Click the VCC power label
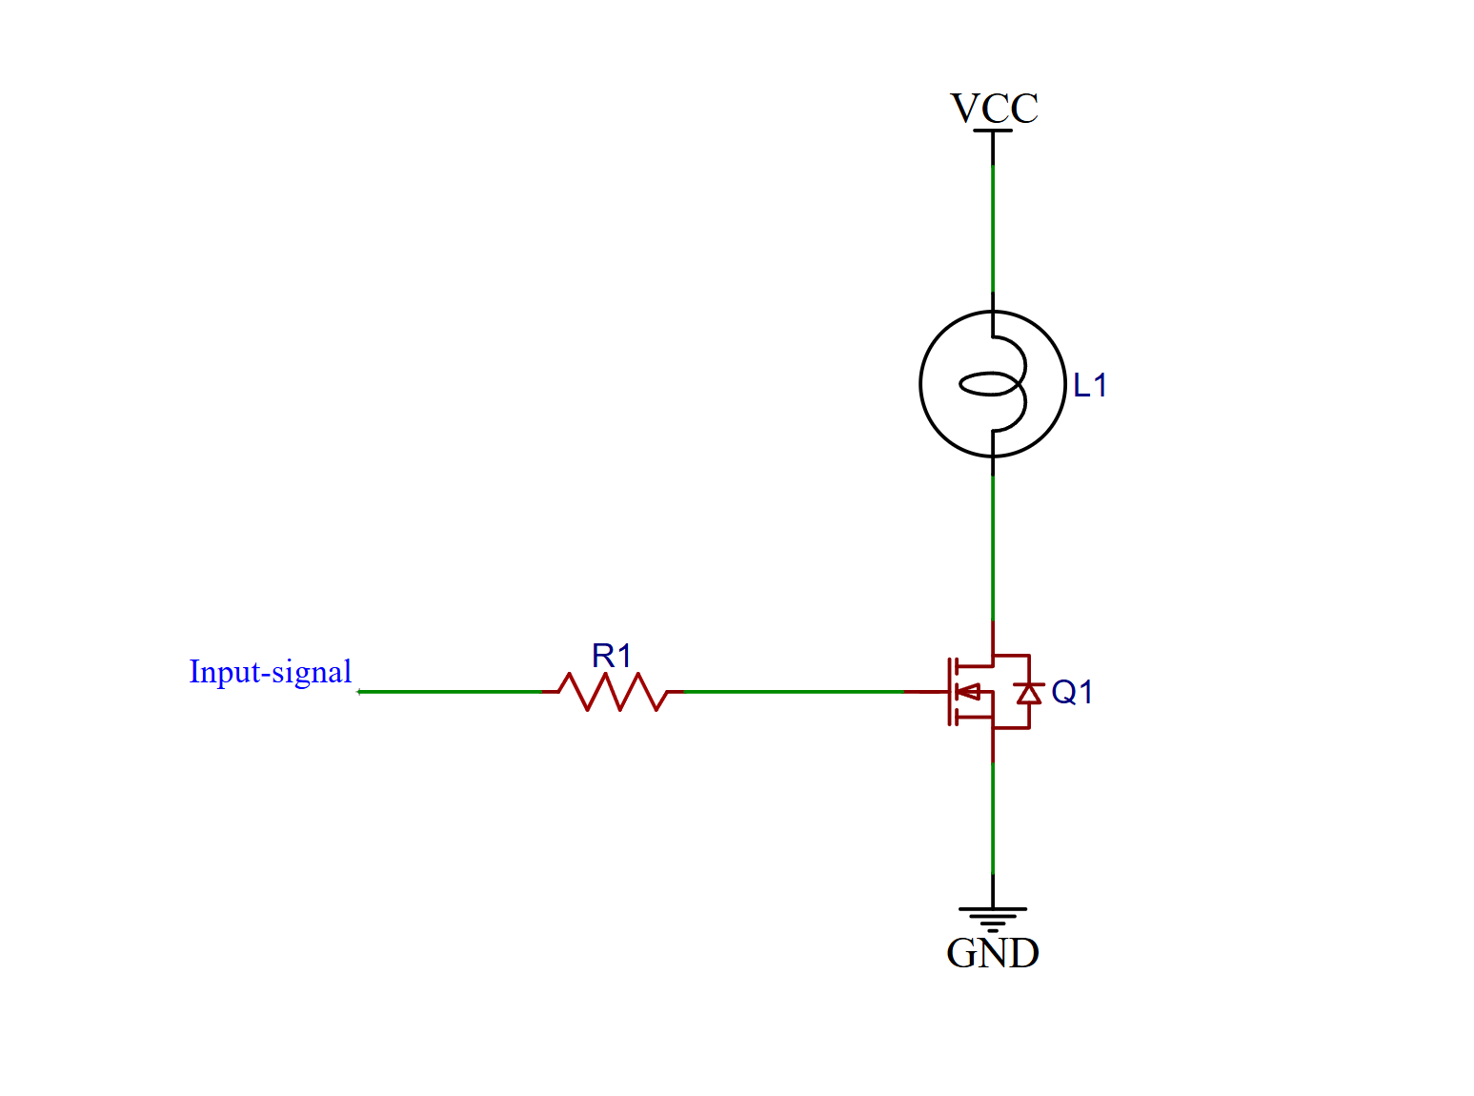(994, 108)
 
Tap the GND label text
(992, 953)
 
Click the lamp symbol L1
(992, 384)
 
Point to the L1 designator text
(1090, 385)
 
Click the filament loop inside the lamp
(991, 385)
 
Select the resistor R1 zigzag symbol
(613, 692)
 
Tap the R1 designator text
(612, 656)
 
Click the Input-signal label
(270, 672)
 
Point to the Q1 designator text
(1072, 692)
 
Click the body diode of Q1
(1028, 693)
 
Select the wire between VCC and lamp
(993, 229)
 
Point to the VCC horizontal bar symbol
(993, 131)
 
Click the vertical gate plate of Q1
(949, 692)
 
